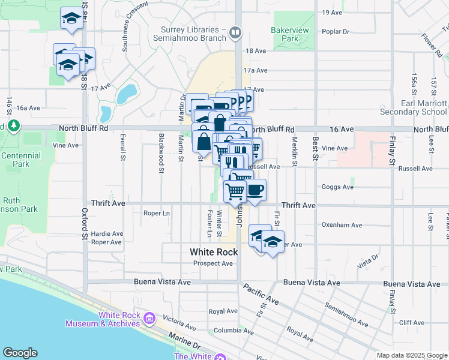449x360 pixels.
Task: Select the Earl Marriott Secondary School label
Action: click(x=424, y=107)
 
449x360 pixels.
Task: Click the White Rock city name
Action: click(x=214, y=252)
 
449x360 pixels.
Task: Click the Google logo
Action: click(x=20, y=353)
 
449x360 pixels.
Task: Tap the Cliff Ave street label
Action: click(x=411, y=323)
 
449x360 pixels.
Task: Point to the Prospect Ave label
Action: click(x=213, y=263)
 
